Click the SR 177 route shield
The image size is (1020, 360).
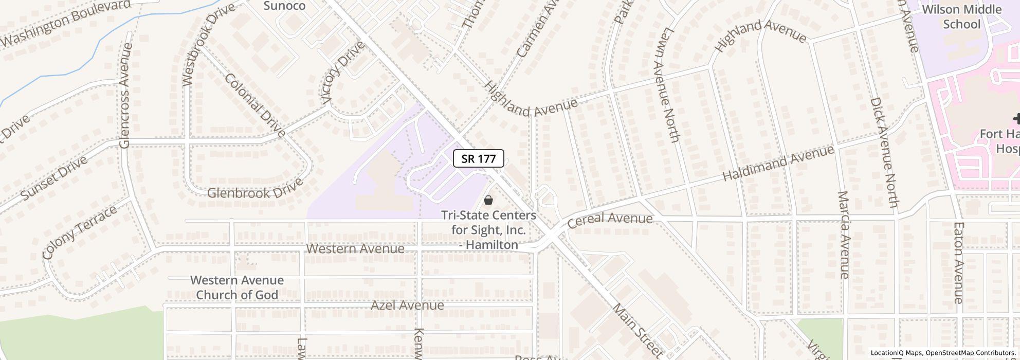(x=478, y=158)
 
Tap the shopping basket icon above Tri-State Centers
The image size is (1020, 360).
(x=488, y=200)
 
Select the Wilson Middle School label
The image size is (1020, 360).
(x=961, y=17)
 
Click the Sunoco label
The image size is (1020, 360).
(x=284, y=6)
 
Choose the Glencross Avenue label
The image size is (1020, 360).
(x=125, y=96)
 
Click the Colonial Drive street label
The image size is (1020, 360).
(x=255, y=105)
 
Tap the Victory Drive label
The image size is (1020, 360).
(x=342, y=71)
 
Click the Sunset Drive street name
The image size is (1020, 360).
(x=54, y=178)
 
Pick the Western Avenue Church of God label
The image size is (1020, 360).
(x=237, y=287)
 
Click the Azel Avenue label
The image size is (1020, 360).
(x=407, y=305)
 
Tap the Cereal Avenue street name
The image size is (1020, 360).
(x=610, y=219)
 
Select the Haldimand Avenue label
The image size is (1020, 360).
(x=778, y=164)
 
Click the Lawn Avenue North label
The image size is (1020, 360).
(x=667, y=85)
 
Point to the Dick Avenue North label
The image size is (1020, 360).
(x=884, y=153)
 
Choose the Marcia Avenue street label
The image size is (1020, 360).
(x=844, y=235)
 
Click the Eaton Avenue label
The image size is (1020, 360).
(x=958, y=262)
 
